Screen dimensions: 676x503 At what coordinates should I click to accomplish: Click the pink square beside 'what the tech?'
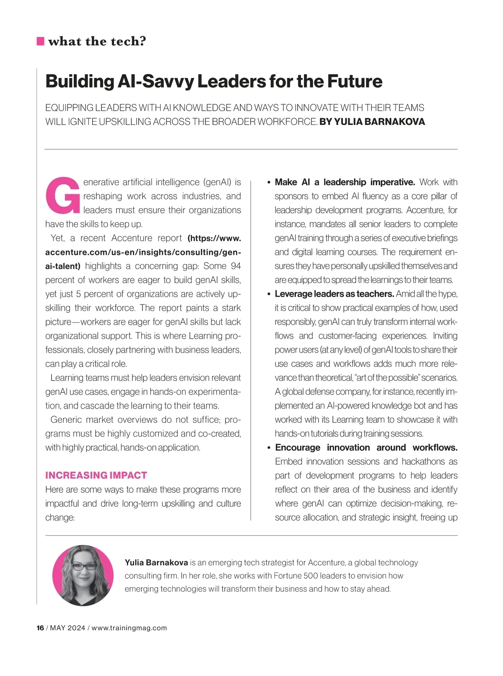pos(40,41)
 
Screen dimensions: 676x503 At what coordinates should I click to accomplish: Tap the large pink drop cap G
pos(63,196)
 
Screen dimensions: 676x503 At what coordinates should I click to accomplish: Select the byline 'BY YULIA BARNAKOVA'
pos(372,122)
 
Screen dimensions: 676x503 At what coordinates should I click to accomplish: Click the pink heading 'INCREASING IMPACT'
pos(96,475)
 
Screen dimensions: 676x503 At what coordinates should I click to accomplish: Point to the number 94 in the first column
pos(236,266)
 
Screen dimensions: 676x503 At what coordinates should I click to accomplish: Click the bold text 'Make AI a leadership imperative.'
pos(345,182)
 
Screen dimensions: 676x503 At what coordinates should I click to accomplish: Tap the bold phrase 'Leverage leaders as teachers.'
pos(334,294)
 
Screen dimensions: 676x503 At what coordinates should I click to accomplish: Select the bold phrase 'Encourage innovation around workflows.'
pos(366,448)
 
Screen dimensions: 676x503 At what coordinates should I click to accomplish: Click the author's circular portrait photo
pos(83,575)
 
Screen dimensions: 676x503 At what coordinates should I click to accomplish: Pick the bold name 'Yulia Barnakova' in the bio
pos(156,563)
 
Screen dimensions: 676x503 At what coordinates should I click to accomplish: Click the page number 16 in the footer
pos(40,628)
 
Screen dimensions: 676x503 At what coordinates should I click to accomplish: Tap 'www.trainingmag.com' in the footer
pos(129,628)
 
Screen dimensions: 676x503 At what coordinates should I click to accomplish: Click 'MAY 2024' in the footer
pos(67,628)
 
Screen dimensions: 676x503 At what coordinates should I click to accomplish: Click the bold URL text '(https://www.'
pos(214,238)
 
